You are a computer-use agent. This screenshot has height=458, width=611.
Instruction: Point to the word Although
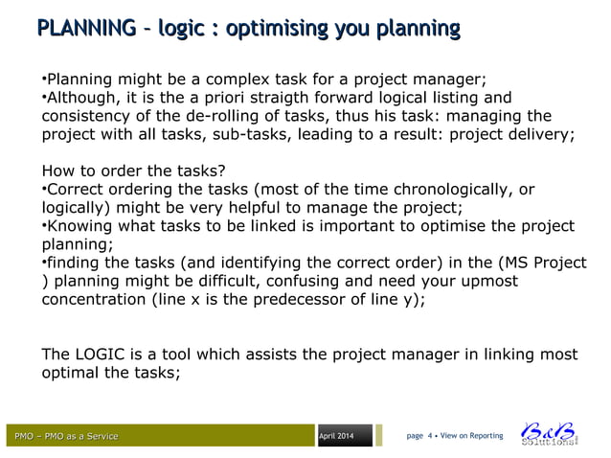85,97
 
